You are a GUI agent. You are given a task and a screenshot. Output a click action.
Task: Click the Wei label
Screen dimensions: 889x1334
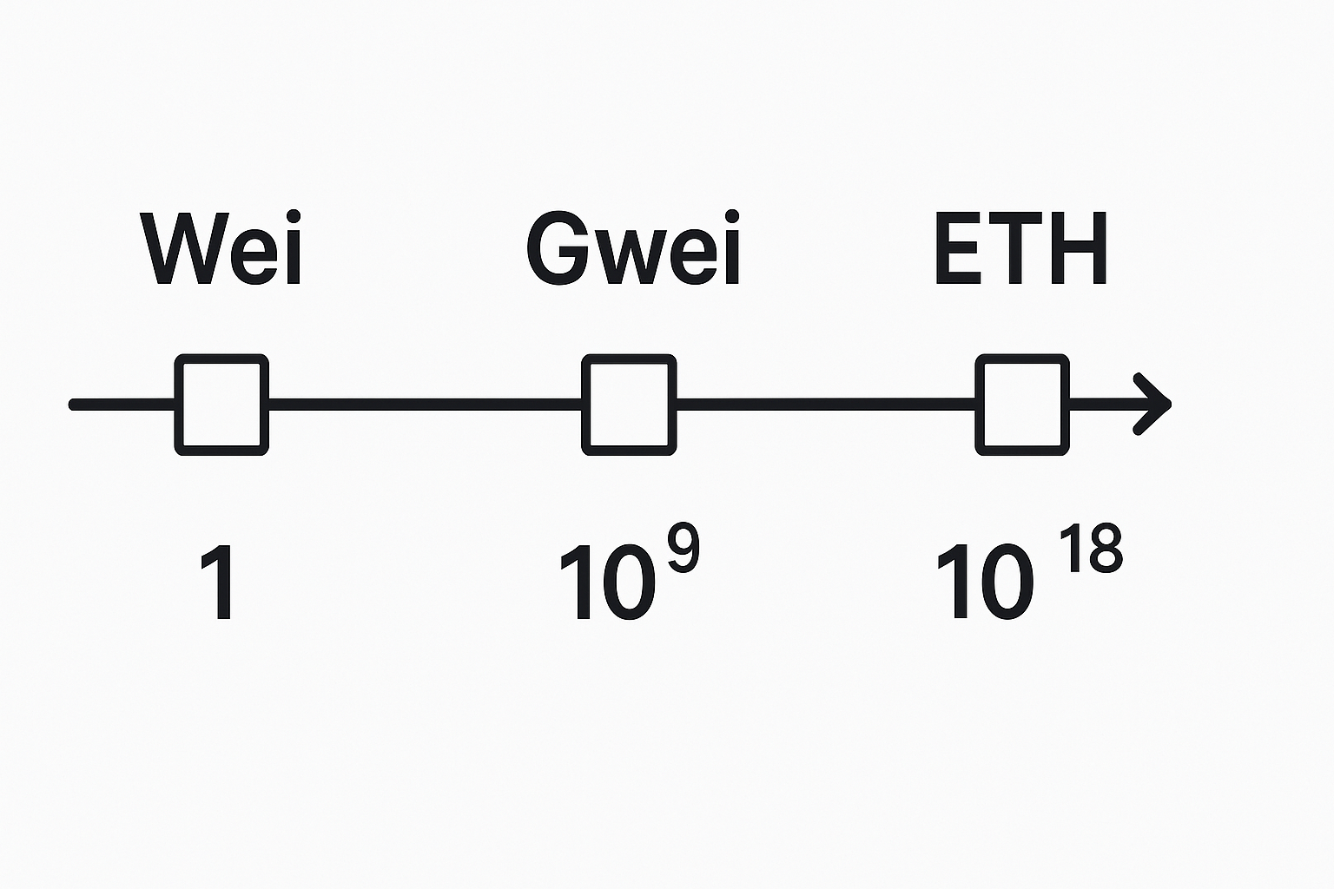pos(221,248)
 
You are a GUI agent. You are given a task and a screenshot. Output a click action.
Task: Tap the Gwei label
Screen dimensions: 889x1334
pos(633,248)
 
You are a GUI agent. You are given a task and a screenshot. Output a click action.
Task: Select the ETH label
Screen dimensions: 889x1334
pos(1020,248)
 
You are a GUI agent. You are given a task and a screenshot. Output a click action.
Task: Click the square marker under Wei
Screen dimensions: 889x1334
pos(221,405)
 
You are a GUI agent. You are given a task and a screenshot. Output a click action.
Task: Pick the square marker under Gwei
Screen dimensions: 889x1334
pos(629,405)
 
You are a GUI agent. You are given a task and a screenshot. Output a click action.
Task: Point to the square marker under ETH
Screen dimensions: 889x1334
pos(1022,405)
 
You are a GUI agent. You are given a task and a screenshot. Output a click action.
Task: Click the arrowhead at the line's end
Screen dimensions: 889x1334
pos(1155,404)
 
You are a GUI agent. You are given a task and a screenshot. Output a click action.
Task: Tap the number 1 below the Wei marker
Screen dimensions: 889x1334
pos(219,582)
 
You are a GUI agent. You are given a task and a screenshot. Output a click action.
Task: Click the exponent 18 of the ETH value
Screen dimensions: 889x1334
pos(1092,548)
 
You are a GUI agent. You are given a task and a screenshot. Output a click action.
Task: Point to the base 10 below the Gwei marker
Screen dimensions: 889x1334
pos(606,582)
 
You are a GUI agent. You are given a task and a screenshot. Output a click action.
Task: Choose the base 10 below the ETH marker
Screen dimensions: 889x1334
pos(985,582)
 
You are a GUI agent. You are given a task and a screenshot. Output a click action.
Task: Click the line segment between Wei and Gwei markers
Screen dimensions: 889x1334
pos(426,404)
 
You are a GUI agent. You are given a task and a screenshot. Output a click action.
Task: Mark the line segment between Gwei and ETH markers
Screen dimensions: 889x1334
pos(825,404)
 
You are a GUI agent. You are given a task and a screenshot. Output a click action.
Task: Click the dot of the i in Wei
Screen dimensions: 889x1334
pos(294,216)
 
